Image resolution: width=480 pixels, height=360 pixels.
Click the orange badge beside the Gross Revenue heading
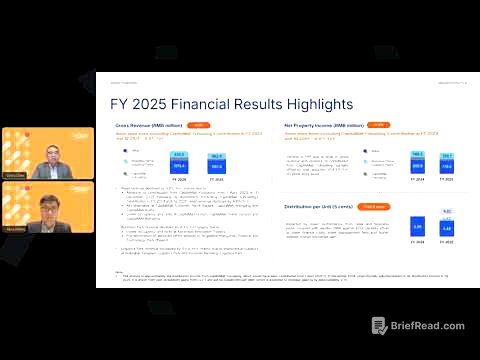[x=200, y=125]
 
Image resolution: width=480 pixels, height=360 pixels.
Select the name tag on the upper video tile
[x=16, y=174]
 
